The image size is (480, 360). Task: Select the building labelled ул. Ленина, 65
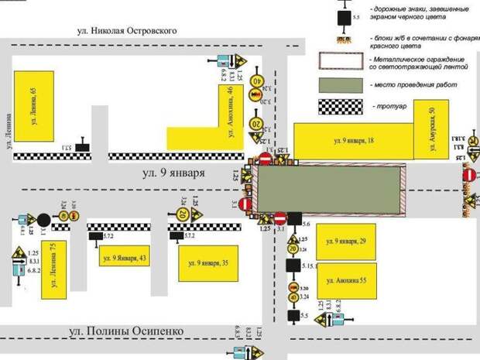click(x=34, y=103)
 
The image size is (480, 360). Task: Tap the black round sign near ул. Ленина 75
click(x=44, y=218)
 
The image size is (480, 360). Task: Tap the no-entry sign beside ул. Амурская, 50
click(x=468, y=176)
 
